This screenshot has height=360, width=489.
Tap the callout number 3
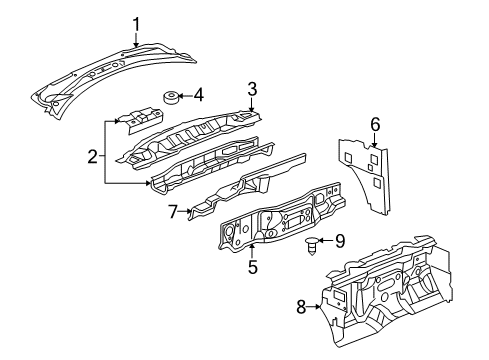point(252,88)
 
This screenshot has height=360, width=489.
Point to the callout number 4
point(199,97)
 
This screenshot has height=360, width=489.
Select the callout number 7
point(172,210)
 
